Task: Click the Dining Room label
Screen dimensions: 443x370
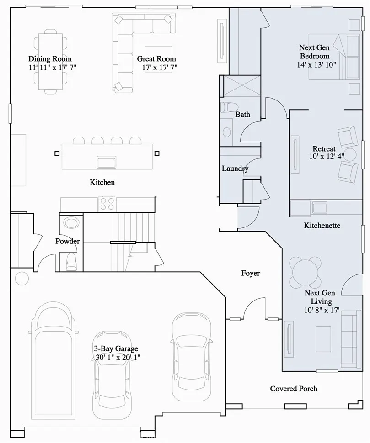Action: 50,59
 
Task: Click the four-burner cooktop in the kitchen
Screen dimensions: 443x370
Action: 107,204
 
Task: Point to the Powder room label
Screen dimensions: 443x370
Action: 68,241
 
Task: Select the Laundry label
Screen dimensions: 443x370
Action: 235,169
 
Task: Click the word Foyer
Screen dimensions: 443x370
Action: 250,273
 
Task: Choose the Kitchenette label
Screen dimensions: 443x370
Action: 322,226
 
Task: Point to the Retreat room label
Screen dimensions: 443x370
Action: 324,149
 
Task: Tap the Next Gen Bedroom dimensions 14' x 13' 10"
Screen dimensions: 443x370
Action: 316,64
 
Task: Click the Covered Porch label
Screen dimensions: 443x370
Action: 294,389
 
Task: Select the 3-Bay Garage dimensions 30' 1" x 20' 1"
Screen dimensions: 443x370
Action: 116,357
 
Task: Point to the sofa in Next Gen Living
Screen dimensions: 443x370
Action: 350,339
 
